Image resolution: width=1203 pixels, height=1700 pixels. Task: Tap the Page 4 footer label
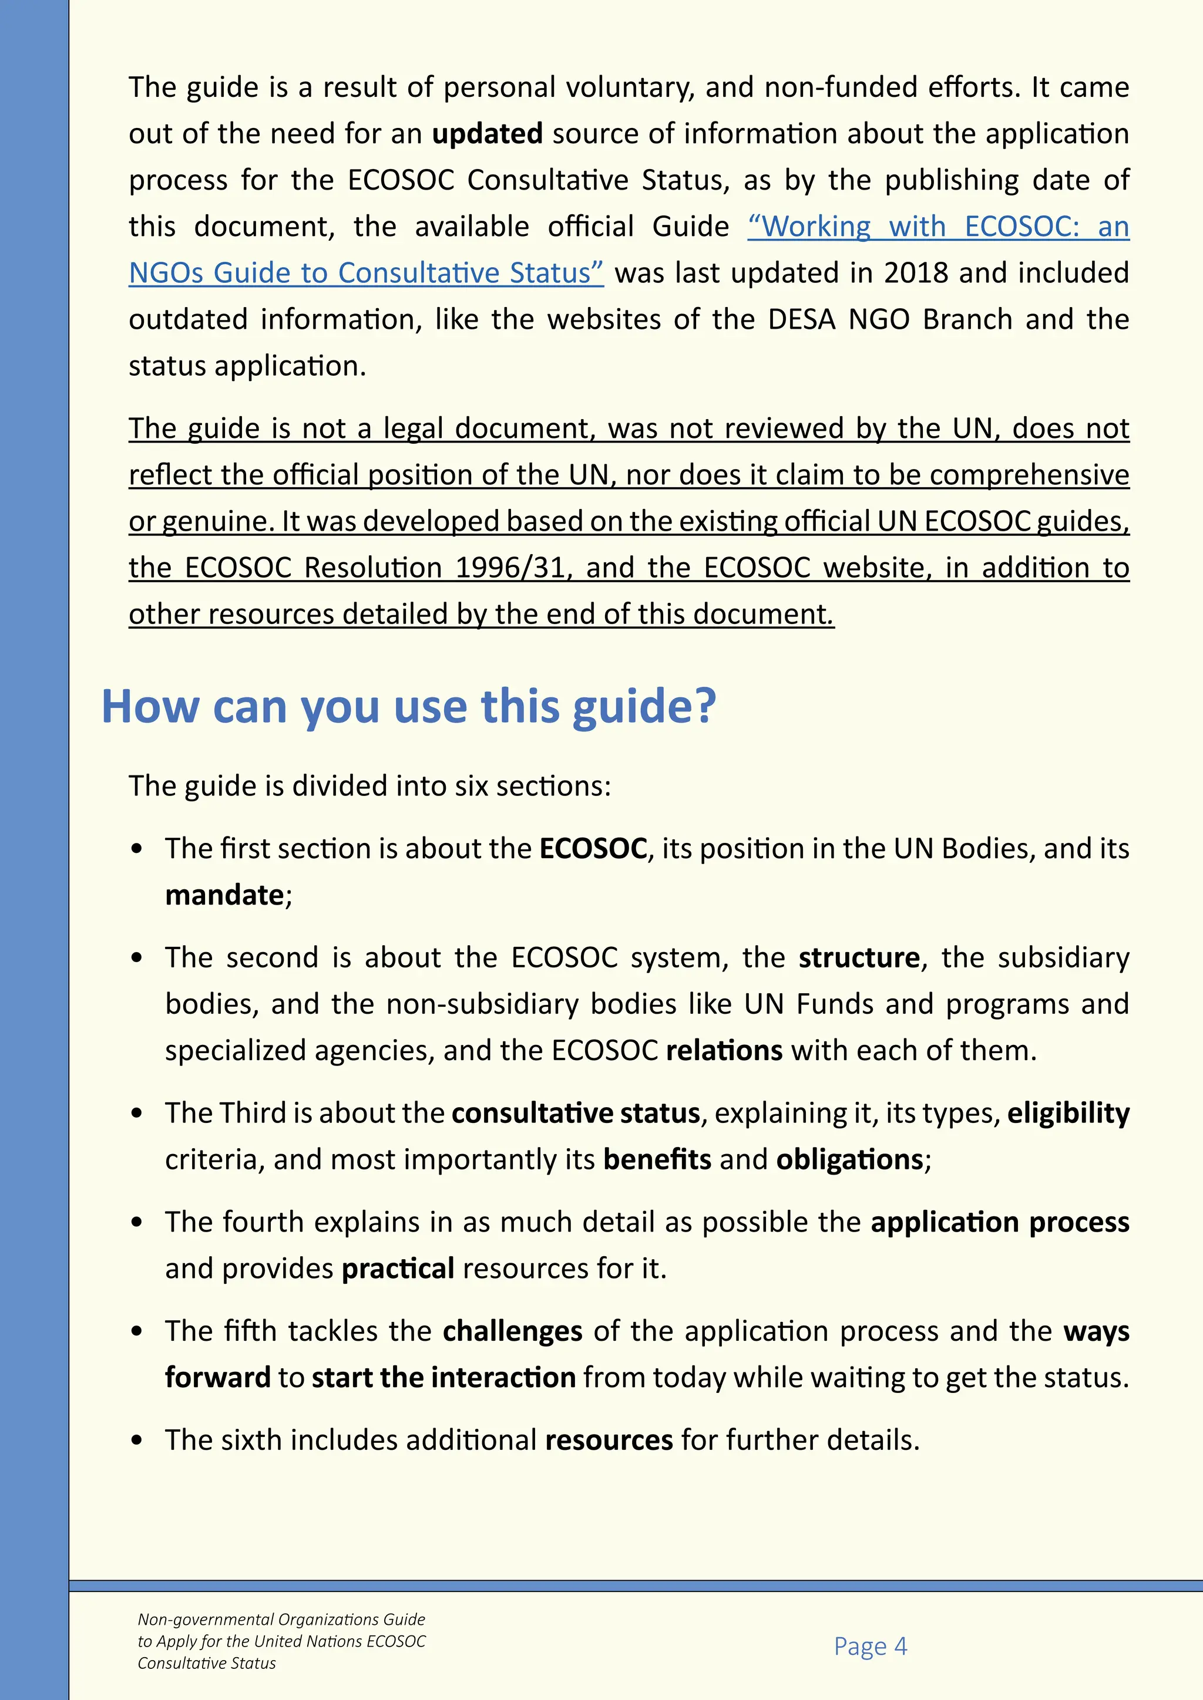tap(870, 1645)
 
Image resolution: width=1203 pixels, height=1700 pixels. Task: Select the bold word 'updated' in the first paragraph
tap(488, 134)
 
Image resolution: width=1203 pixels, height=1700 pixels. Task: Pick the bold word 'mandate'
tap(224, 895)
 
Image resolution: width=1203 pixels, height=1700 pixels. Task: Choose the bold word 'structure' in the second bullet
tap(859, 957)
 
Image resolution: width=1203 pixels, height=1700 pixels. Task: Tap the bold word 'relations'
tap(724, 1051)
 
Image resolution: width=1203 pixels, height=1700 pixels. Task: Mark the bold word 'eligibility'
tap(1068, 1113)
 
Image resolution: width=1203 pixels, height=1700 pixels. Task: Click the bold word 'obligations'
tap(849, 1159)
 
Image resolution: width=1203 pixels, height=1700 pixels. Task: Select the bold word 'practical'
tap(398, 1269)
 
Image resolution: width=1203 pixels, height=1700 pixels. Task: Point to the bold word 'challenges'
tap(513, 1331)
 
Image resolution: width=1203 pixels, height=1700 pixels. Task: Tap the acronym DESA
tap(801, 320)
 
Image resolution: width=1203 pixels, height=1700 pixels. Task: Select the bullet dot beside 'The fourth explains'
tap(136, 1222)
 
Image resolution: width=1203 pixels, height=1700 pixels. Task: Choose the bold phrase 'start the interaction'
tap(443, 1378)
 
